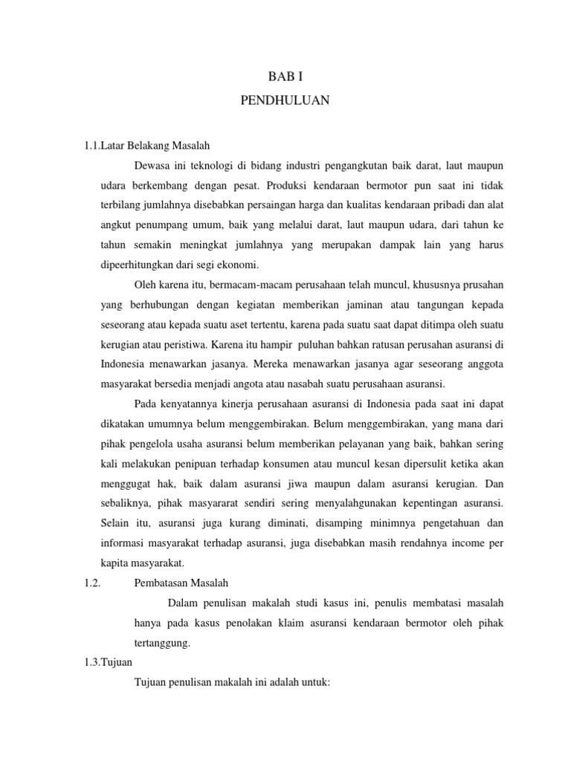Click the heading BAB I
click(285, 76)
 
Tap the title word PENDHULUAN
click(285, 100)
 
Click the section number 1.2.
click(92, 583)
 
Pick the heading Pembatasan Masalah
click(184, 583)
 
